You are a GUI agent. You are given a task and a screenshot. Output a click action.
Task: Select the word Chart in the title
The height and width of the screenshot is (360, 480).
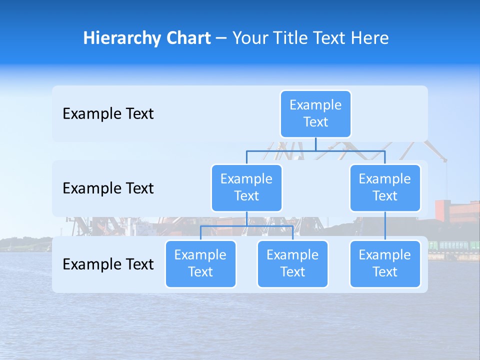click(186, 38)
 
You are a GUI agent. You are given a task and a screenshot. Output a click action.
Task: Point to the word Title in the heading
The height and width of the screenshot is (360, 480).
click(291, 38)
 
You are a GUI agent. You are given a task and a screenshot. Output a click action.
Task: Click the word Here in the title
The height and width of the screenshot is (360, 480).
click(369, 38)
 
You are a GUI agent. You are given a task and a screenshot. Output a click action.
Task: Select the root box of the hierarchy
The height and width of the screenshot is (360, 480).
click(315, 113)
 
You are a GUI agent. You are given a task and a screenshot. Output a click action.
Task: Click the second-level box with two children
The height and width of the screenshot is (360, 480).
click(246, 187)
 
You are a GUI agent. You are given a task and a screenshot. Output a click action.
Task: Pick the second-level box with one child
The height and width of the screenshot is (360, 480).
click(385, 187)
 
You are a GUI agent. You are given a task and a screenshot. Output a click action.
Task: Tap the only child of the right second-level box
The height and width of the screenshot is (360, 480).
click(385, 263)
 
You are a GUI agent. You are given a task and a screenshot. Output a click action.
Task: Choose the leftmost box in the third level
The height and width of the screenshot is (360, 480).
click(200, 263)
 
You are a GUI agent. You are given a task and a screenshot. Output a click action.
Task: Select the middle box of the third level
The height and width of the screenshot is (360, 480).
click(292, 263)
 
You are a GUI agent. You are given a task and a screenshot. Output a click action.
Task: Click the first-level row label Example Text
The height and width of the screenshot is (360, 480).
click(108, 113)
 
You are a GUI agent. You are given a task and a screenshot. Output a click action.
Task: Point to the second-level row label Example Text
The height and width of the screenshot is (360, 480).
click(108, 188)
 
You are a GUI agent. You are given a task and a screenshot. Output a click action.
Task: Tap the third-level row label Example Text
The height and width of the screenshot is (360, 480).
click(108, 264)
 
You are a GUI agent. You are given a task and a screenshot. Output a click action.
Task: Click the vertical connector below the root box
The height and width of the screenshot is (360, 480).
click(315, 144)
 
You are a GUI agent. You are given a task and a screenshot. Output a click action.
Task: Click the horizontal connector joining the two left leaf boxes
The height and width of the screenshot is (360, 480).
click(246, 226)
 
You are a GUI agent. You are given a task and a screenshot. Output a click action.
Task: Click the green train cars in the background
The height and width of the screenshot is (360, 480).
click(452, 245)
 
